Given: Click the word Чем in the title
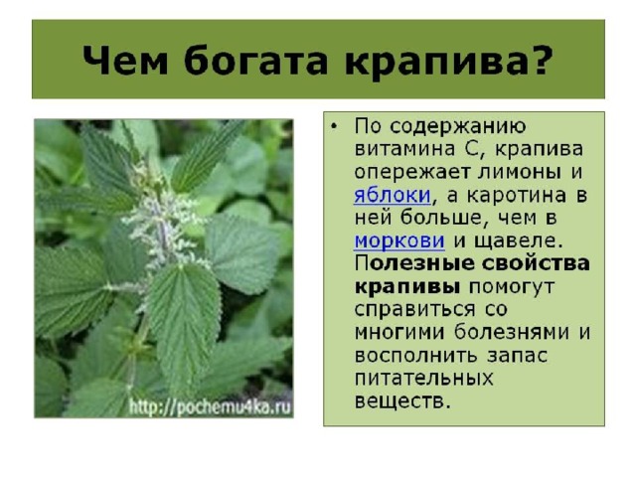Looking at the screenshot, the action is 125,60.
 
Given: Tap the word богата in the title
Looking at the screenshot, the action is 255,60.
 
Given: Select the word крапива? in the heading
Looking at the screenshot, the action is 449,62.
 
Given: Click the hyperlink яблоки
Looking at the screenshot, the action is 393,196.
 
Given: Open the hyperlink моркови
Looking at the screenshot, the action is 399,241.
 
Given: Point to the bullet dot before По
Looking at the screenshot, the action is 334,126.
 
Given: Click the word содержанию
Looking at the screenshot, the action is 458,127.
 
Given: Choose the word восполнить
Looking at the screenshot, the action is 416,356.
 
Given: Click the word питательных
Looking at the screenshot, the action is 424,379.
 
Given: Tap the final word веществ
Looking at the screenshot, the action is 403,401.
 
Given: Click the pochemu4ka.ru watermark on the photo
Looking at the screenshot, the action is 210,407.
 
